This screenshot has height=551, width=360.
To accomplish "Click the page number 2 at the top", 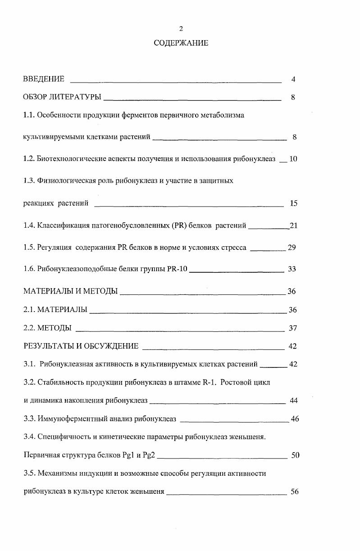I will (181, 29).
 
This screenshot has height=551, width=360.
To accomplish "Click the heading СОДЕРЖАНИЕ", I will (181, 43).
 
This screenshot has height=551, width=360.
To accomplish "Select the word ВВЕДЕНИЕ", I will (43, 79).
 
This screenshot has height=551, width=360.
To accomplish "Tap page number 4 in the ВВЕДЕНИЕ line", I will (293, 80).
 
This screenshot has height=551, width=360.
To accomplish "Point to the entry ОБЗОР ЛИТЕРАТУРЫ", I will (62, 97).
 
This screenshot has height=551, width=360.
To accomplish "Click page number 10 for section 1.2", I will (293, 159).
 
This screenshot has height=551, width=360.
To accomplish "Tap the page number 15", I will (293, 203).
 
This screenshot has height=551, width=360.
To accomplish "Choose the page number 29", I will (292, 248).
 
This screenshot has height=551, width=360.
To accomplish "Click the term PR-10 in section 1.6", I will (177, 269).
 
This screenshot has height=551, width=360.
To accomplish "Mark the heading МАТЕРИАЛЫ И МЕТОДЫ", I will (70, 291).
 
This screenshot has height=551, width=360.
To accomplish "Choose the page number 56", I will (295, 492).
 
